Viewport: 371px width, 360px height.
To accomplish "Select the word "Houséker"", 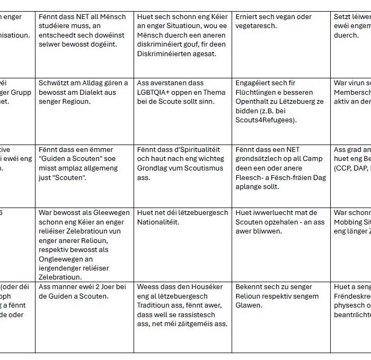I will click(x=196, y=286).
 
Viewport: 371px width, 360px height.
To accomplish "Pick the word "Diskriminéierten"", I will click(x=164, y=54).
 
